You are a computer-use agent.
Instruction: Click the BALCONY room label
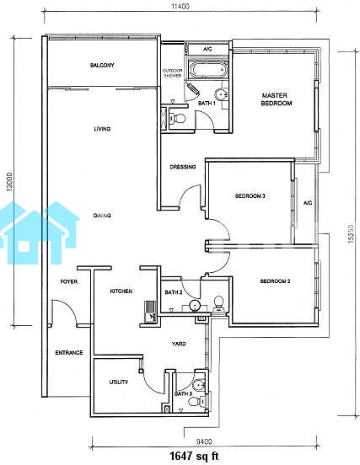(102, 65)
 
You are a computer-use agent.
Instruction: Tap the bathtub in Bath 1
(207, 70)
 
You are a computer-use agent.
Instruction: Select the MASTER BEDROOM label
(277, 99)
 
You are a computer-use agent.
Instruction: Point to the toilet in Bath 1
(177, 119)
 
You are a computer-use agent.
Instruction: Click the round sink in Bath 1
(221, 94)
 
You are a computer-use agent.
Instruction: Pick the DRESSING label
(183, 167)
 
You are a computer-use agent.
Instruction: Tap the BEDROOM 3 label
(250, 196)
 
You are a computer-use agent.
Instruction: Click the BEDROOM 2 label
(275, 281)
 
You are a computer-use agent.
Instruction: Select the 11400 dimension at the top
(180, 6)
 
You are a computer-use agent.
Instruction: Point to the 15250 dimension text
(351, 233)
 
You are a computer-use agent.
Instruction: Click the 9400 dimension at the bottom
(204, 442)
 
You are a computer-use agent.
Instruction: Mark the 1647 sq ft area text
(194, 456)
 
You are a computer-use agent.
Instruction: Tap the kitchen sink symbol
(150, 312)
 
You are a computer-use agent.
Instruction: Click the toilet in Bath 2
(218, 303)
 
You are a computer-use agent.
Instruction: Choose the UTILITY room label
(119, 382)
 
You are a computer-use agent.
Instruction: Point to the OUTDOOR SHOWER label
(173, 73)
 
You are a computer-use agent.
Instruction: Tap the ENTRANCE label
(69, 353)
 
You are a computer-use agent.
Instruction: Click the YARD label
(179, 344)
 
